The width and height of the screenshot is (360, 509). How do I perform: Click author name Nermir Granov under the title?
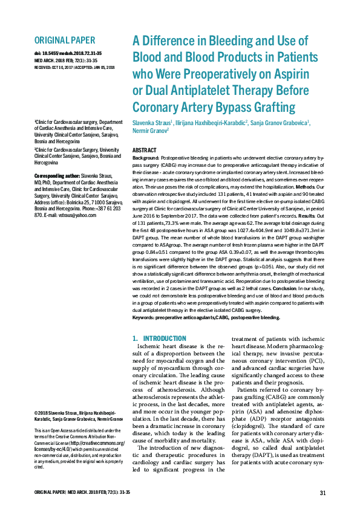click(x=149, y=130)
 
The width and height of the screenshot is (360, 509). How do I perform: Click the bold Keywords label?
click(x=145, y=316)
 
